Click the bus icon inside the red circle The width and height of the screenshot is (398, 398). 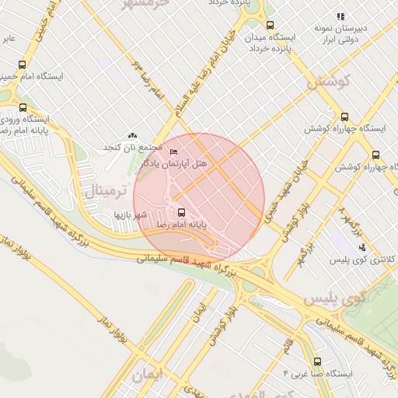click(x=181, y=211)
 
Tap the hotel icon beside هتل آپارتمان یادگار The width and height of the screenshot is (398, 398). click(x=173, y=152)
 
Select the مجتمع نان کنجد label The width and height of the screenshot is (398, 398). click(x=134, y=147)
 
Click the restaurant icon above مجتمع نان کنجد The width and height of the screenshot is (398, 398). click(x=132, y=135)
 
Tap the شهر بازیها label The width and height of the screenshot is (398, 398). click(x=131, y=212)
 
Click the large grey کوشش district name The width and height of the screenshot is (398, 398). click(x=329, y=80)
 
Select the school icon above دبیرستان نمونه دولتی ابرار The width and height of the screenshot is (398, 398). click(x=340, y=16)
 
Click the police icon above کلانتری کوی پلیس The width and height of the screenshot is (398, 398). click(x=361, y=247)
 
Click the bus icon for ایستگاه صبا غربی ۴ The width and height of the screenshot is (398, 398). click(x=317, y=361)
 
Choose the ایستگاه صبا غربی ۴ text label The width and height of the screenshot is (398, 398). click(x=318, y=374)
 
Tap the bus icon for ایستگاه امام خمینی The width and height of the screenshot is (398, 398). click(x=22, y=65)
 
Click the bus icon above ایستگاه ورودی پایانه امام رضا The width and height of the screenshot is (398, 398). click(x=22, y=108)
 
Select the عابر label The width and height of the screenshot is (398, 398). click(x=8, y=37)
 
